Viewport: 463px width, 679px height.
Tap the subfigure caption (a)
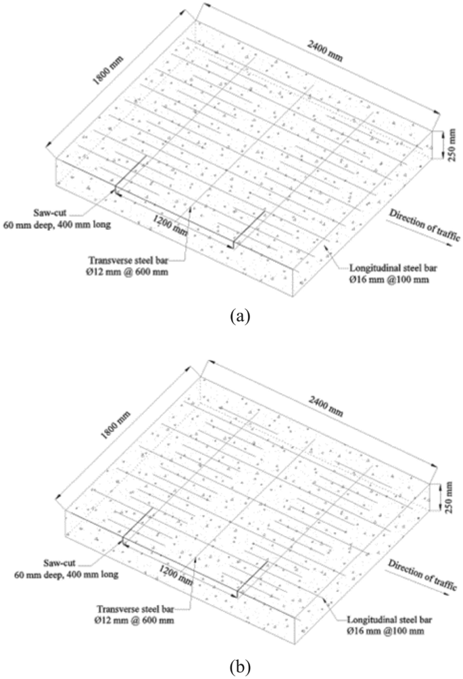click(x=231, y=315)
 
